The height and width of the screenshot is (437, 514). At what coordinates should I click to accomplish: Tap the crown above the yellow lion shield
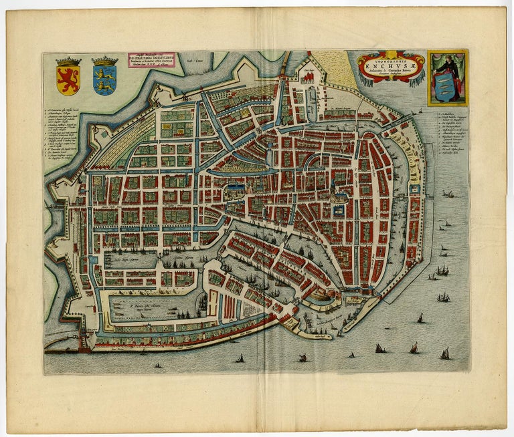coord(68,61)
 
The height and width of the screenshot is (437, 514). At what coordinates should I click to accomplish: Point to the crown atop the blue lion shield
coord(104,61)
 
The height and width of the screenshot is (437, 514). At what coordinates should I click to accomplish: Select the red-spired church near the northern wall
coord(309,78)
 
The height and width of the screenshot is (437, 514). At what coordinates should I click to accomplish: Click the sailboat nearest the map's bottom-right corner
coord(445,353)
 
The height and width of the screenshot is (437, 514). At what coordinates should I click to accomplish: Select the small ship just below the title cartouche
coord(419,111)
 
